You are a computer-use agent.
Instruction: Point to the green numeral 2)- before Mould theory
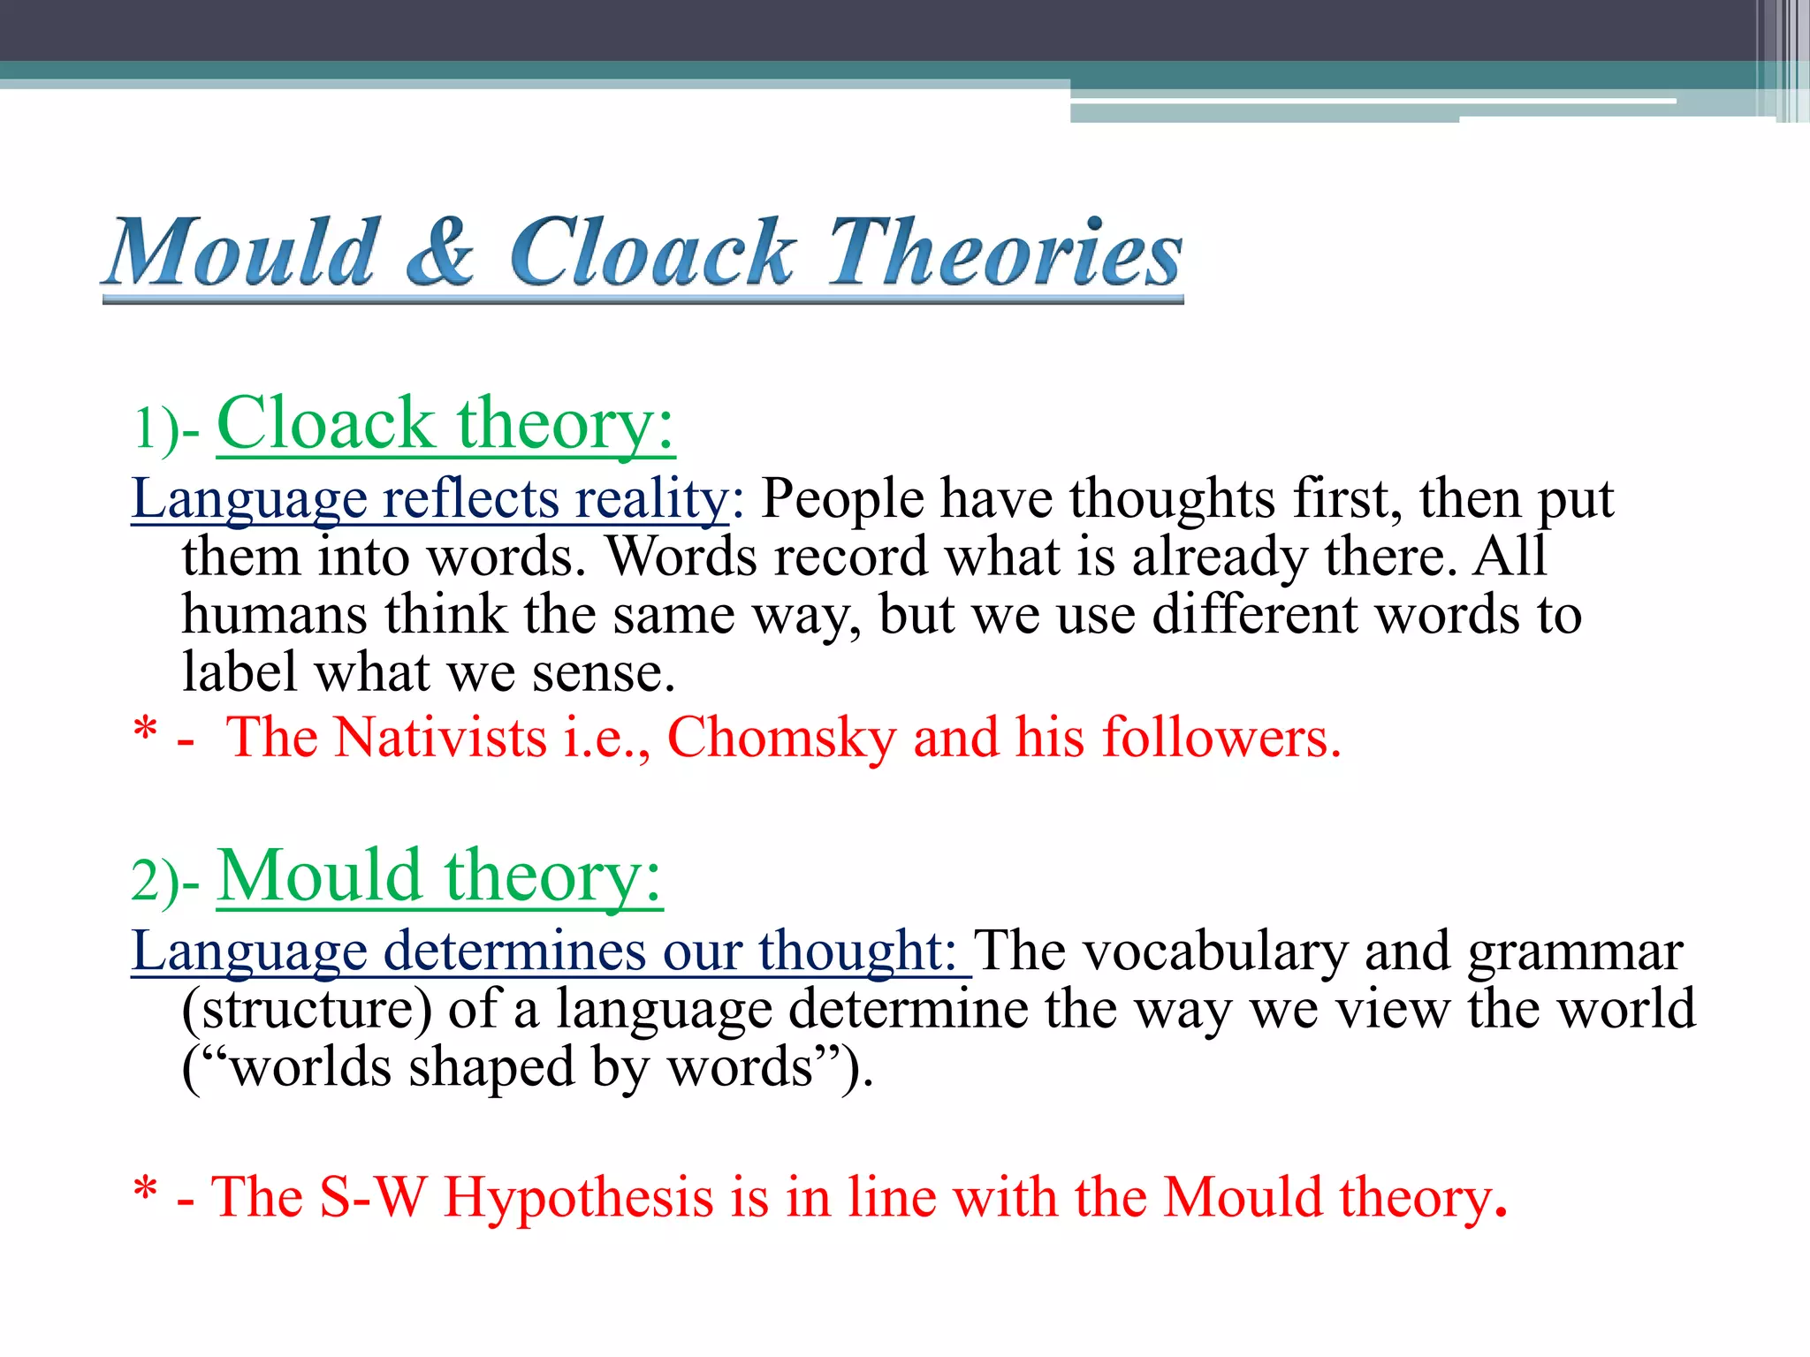click(166, 881)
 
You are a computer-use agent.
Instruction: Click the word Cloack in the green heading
click(325, 423)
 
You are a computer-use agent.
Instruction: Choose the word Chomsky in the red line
click(781, 738)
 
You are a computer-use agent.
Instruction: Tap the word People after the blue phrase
click(842, 499)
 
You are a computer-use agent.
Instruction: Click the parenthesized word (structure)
click(307, 1010)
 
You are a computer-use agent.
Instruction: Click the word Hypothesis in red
click(578, 1200)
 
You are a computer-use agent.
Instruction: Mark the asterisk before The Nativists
click(145, 732)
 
